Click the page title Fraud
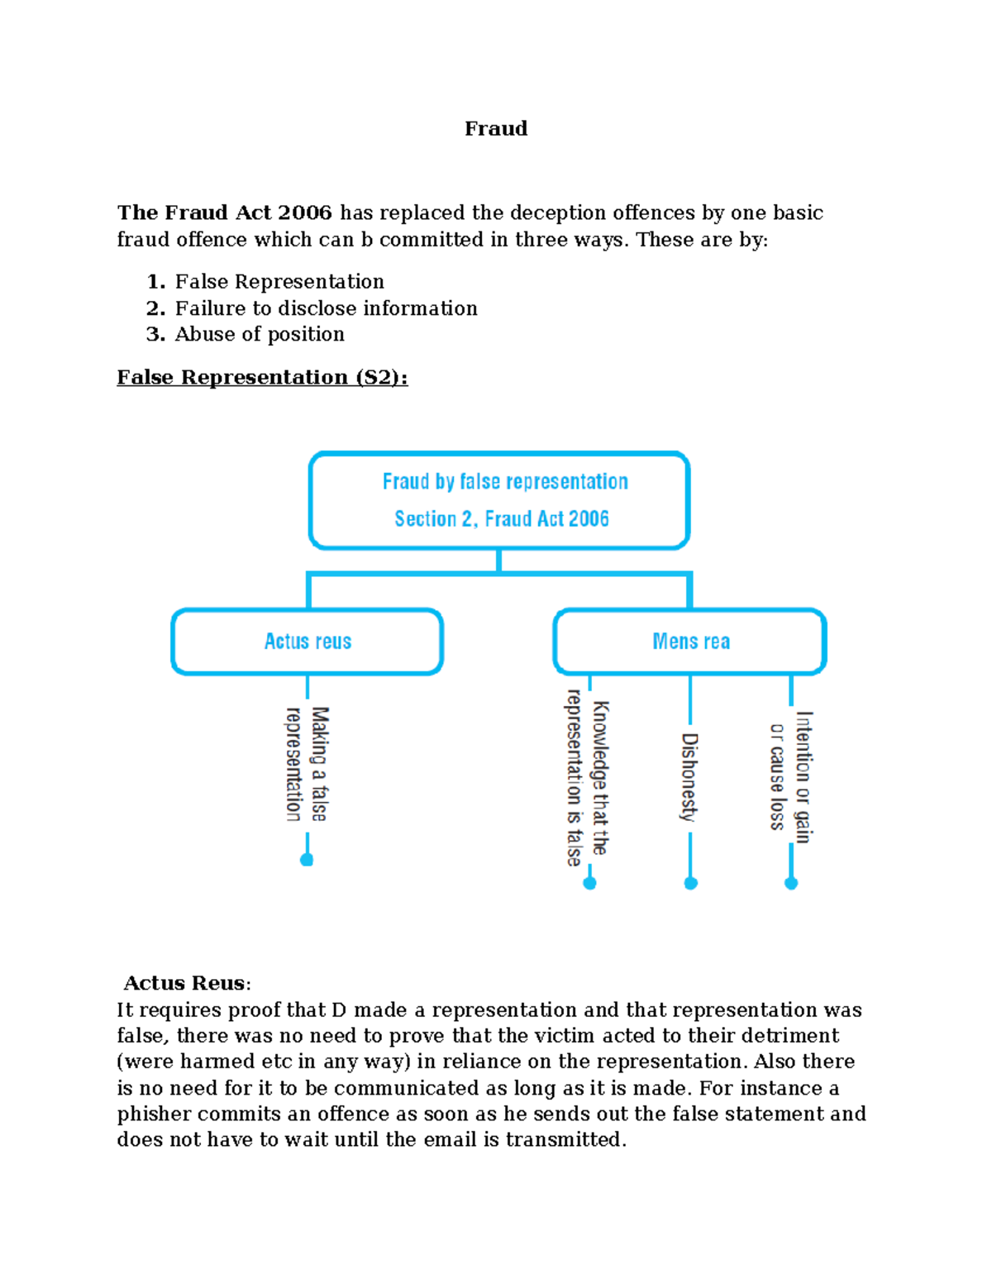[496, 129]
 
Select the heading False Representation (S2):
[262, 378]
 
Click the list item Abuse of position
[260, 334]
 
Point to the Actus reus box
[308, 642]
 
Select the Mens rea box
[690, 642]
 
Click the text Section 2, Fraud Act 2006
[502, 519]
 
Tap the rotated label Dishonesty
[689, 777]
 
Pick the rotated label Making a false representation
[308, 764]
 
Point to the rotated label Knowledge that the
[601, 777]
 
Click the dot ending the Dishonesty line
[691, 883]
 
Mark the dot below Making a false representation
[307, 860]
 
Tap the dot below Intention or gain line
[791, 883]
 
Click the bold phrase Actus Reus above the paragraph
[184, 983]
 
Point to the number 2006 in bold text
[305, 212]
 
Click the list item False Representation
[279, 282]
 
